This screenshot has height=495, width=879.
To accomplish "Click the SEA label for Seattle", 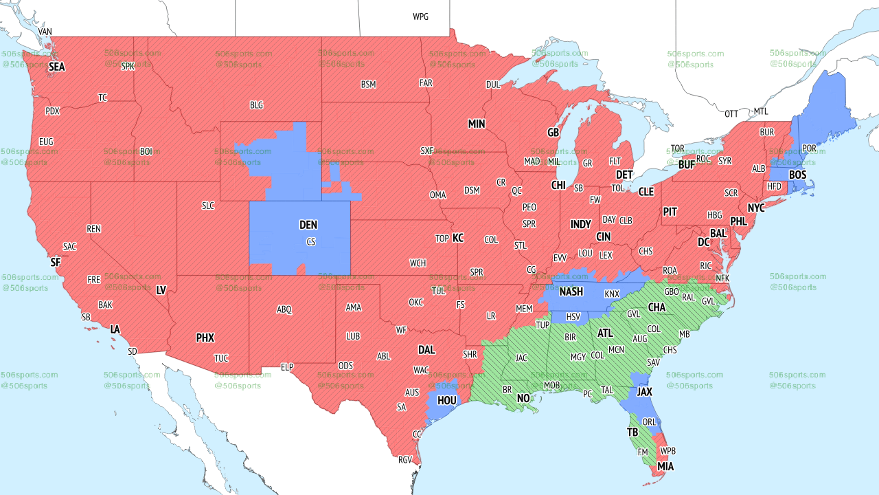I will [56, 67].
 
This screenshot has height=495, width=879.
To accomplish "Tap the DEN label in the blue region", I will [308, 225].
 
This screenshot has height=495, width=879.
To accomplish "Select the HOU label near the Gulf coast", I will [447, 399].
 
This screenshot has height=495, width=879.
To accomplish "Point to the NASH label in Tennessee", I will [571, 291].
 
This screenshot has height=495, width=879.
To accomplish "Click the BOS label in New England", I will [797, 175].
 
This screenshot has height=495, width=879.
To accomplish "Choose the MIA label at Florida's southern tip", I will [665, 467].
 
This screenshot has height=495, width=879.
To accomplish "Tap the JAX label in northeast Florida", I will [644, 391].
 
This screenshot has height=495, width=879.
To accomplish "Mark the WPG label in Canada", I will [420, 16].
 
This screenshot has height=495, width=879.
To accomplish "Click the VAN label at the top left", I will [45, 32].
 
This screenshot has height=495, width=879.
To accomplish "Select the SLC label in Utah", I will [208, 206].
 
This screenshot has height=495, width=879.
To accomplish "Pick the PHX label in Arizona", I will [205, 338].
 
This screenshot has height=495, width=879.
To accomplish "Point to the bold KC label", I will [458, 238].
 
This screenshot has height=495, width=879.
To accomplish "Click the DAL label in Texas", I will [426, 350].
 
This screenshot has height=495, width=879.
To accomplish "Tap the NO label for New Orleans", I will [523, 398].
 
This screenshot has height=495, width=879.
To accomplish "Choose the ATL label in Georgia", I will [605, 333].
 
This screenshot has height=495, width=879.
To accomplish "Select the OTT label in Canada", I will [731, 113].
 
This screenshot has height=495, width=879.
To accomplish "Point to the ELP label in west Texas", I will [287, 368].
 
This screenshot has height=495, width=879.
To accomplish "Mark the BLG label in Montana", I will [256, 105].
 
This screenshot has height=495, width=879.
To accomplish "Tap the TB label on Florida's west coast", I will [632, 432].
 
